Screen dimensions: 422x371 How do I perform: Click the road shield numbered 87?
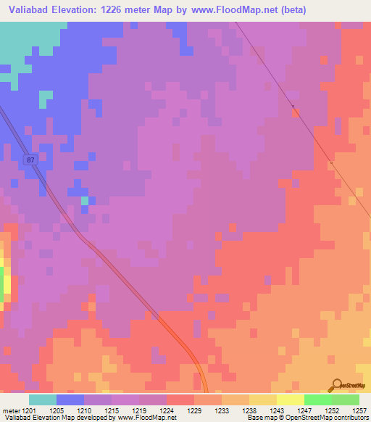(x=30, y=160)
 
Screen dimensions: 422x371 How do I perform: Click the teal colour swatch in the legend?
(x=43, y=400)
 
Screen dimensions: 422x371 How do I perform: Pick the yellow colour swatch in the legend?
(x=291, y=400)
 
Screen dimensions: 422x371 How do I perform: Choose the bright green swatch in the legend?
(x=318, y=400)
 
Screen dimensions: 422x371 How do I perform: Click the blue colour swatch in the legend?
(x=70, y=400)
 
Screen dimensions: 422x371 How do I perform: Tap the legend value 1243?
(x=276, y=410)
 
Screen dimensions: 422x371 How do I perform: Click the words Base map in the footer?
(x=259, y=418)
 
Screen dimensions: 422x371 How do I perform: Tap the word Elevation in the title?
(x=75, y=10)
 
